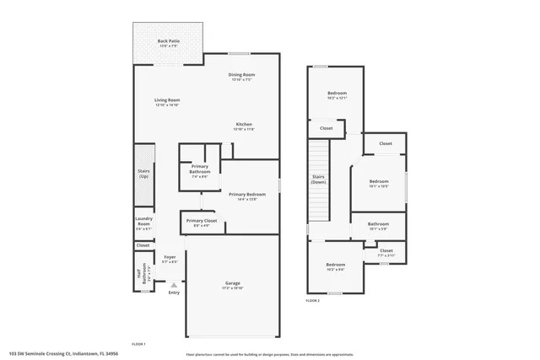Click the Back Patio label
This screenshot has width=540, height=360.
[x=168, y=40]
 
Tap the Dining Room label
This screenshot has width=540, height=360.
[x=241, y=74]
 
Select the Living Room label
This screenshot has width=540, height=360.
[x=167, y=99]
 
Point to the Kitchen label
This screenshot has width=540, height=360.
[x=244, y=124]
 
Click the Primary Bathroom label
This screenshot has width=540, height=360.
[x=200, y=169]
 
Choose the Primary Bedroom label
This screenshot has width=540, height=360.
[x=241, y=194]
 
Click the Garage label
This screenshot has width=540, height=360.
[x=232, y=282]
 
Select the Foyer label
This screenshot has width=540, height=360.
[x=170, y=256]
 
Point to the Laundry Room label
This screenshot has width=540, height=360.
[x=143, y=223]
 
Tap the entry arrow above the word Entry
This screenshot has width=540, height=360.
[x=174, y=285]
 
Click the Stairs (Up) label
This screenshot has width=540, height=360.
[x=143, y=174]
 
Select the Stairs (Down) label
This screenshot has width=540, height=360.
[x=318, y=179]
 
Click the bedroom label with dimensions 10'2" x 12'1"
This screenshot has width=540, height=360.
[x=337, y=93]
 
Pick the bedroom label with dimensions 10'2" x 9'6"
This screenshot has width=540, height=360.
[x=335, y=265]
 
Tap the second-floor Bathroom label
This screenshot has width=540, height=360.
[x=377, y=224]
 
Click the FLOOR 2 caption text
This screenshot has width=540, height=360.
[x=313, y=300]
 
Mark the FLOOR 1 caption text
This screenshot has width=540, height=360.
[x=139, y=344]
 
